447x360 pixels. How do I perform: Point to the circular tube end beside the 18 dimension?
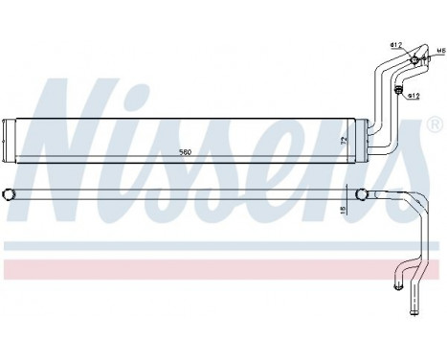click(361, 195)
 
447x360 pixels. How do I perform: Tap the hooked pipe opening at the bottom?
click(395, 283)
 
